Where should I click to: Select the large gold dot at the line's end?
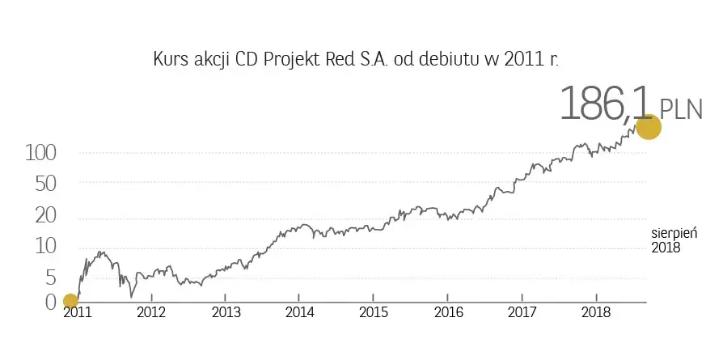point(649,127)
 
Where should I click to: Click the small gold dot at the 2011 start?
point(70,302)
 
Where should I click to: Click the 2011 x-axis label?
point(78,312)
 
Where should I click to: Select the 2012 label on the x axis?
point(151,312)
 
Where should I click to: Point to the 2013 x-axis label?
point(226,312)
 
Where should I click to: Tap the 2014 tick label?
point(300,312)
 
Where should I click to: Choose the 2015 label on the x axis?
point(374,312)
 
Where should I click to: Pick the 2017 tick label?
point(522,312)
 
